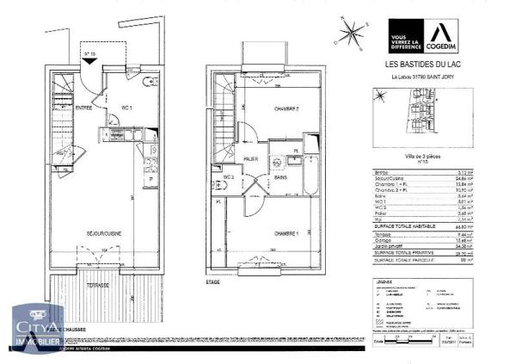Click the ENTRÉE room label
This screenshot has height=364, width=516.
click(84, 108)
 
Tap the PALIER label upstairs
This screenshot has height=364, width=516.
click(252, 159)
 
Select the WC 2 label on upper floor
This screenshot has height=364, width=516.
click(229, 177)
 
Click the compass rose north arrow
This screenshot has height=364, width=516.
click(351, 34)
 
